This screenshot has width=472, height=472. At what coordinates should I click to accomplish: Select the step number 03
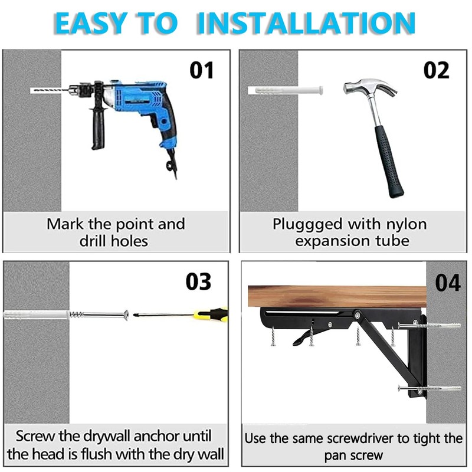click(x=198, y=281)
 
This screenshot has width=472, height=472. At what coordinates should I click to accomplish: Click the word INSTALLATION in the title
click(x=306, y=22)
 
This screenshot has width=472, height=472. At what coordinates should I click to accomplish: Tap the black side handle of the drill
click(x=95, y=130)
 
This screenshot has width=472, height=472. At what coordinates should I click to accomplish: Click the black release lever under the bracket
click(x=302, y=338)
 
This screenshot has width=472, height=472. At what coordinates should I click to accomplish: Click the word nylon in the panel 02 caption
click(x=404, y=224)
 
